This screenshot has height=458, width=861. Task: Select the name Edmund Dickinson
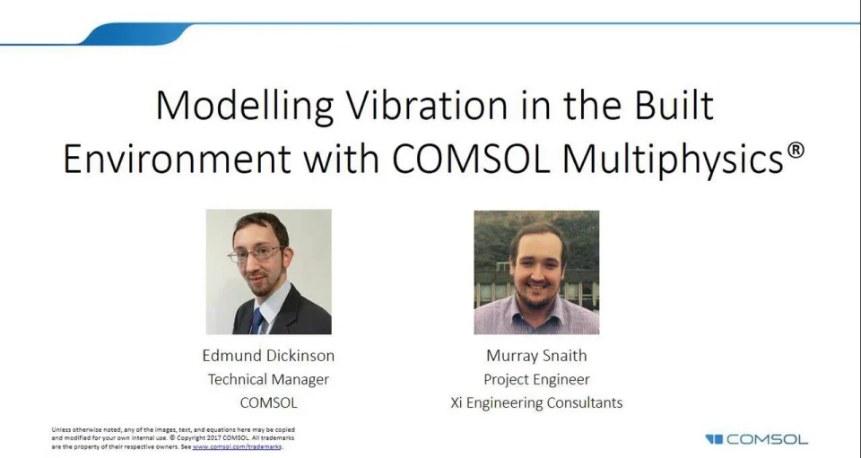[x=268, y=356]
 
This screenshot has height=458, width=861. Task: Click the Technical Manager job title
[x=268, y=379]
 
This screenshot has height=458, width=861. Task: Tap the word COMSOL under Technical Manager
[x=268, y=402]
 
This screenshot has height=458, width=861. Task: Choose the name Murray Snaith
[x=536, y=356]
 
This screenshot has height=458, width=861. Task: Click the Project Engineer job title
[x=536, y=379]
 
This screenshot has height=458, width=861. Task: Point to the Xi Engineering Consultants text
[x=536, y=402]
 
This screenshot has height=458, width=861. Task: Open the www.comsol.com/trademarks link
[x=237, y=445]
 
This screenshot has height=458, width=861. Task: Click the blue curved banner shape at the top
[x=135, y=34]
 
